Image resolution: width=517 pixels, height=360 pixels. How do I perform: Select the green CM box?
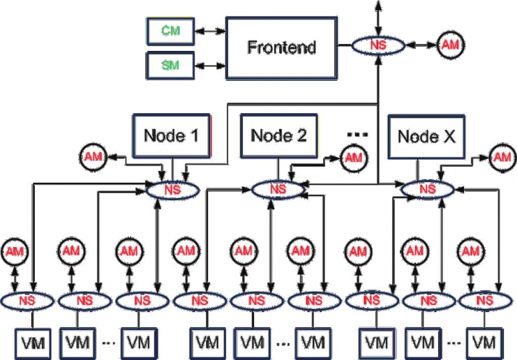[171, 30]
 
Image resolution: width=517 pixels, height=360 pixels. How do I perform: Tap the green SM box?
[171, 65]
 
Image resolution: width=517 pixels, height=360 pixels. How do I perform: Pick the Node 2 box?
[279, 136]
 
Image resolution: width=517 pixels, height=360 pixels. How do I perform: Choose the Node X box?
[426, 136]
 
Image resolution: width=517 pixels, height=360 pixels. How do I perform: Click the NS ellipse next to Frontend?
[377, 45]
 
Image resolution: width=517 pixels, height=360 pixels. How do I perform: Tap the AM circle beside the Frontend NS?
[450, 45]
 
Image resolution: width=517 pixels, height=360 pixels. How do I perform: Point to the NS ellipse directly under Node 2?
[278, 189]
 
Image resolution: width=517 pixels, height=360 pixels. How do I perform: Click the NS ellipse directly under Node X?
[426, 189]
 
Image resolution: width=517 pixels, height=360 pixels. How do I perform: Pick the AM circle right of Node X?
[502, 156]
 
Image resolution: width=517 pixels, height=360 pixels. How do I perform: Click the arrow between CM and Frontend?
[209, 30]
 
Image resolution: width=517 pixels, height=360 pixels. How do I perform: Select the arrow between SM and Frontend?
[209, 65]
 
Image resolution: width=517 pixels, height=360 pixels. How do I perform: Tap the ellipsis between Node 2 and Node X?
[357, 134]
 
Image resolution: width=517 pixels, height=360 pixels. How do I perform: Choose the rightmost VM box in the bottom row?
[485, 340]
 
